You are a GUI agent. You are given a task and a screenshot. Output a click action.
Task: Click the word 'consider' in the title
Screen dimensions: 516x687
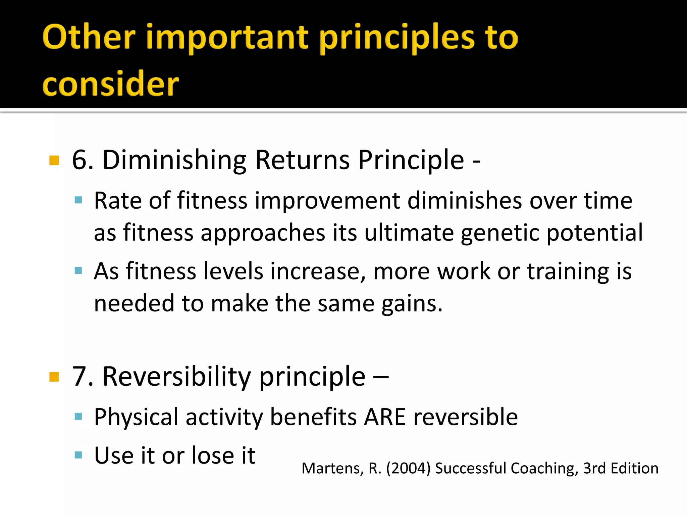[111, 84]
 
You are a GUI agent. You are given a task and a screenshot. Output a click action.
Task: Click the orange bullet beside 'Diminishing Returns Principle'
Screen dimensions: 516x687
[54, 160]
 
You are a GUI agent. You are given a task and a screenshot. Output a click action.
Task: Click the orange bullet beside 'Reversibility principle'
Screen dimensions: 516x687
[54, 377]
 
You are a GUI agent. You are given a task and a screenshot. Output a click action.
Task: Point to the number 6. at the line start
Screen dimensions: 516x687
[83, 160]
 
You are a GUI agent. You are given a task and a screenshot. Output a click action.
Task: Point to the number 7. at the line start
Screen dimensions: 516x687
[83, 377]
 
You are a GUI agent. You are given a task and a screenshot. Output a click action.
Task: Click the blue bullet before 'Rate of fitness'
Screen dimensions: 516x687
[78, 201]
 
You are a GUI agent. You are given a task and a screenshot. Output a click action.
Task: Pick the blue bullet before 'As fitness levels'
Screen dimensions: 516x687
[78, 271]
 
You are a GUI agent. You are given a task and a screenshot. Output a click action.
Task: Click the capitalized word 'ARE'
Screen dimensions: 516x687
[385, 417]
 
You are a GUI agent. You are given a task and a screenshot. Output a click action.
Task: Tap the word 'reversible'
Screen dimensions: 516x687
[466, 417]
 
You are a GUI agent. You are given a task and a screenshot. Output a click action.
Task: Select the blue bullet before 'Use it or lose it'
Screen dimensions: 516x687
[78, 455]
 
